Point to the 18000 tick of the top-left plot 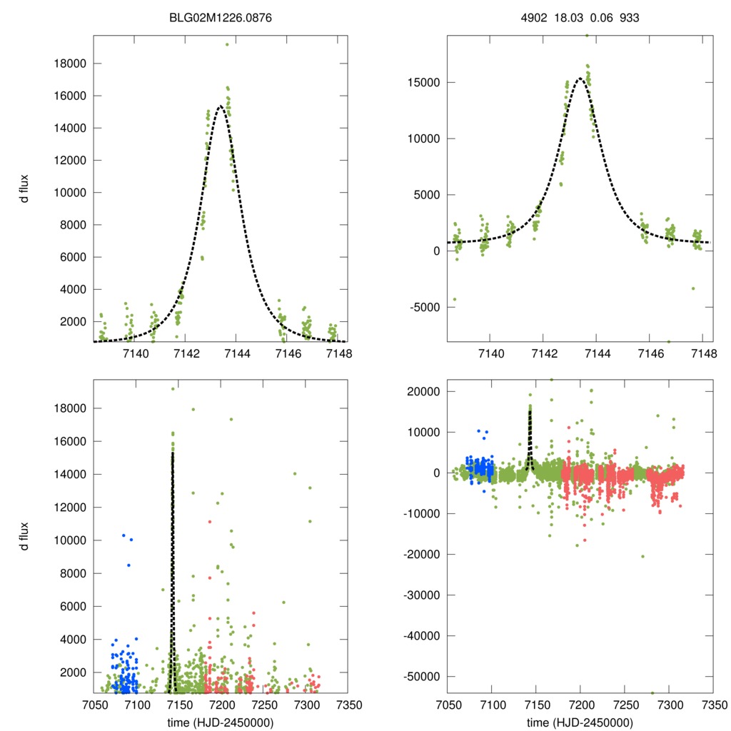pyautogui.click(x=71, y=64)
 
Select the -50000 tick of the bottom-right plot pyautogui.click(x=422, y=676)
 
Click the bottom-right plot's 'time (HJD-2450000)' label pyautogui.click(x=580, y=722)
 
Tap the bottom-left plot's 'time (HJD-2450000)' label pyautogui.click(x=221, y=722)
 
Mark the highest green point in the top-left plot pyautogui.click(x=227, y=44)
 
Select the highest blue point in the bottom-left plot pyautogui.click(x=123, y=535)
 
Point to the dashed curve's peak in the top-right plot pyautogui.click(x=580, y=79)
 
